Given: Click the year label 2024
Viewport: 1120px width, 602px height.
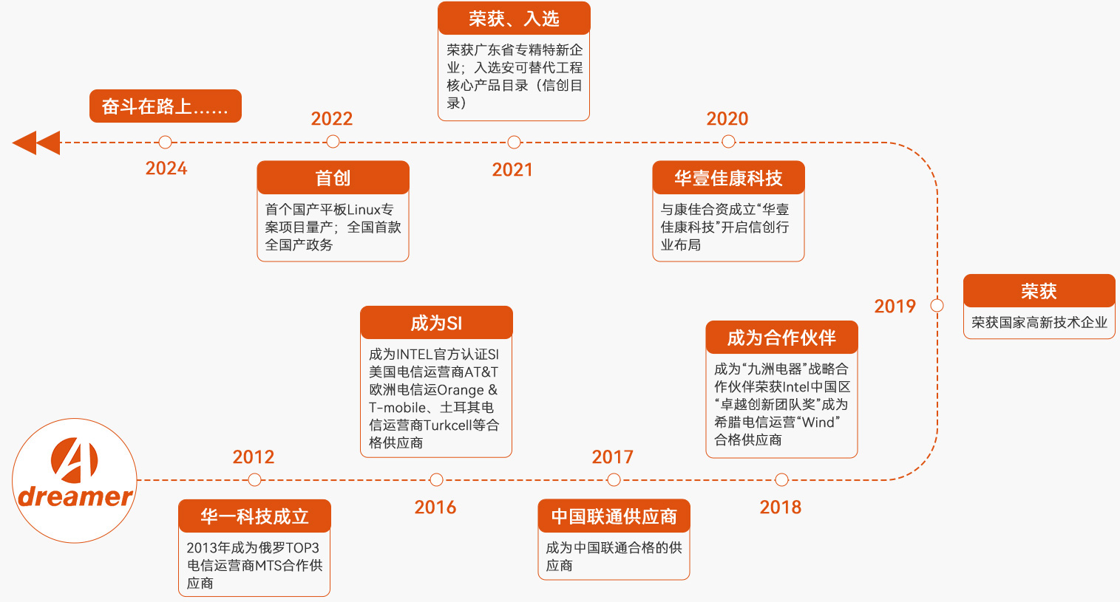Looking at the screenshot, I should pyautogui.click(x=166, y=168).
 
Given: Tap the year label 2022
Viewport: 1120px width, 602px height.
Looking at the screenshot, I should pyautogui.click(x=331, y=119).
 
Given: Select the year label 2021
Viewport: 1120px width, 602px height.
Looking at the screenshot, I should pyautogui.click(x=512, y=170).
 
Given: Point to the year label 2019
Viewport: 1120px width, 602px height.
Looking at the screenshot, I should pyautogui.click(x=895, y=307).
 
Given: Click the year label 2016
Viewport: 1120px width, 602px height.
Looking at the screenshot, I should pyautogui.click(x=435, y=507).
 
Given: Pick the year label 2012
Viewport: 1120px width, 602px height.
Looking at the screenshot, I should pyautogui.click(x=254, y=457).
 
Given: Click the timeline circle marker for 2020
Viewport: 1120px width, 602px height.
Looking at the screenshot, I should pyautogui.click(x=728, y=142).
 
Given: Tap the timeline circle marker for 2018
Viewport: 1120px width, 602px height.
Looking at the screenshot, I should pyautogui.click(x=781, y=480).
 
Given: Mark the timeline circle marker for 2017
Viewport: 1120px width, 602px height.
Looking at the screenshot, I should pyautogui.click(x=614, y=480).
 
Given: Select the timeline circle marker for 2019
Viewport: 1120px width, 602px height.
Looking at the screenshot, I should pyautogui.click(x=937, y=305).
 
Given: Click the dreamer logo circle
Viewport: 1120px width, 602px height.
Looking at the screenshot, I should pyautogui.click(x=75, y=481).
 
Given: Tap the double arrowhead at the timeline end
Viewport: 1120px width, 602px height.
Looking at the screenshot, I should pyautogui.click(x=36, y=143).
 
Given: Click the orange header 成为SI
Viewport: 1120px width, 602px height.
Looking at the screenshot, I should pyautogui.click(x=436, y=323).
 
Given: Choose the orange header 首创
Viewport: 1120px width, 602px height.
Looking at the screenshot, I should pyautogui.click(x=333, y=178).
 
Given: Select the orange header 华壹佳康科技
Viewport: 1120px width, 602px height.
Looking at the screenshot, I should pyautogui.click(x=728, y=178).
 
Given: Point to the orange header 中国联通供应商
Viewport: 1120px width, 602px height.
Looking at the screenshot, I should pyautogui.click(x=614, y=516).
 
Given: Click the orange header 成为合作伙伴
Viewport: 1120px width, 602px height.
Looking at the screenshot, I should pyautogui.click(x=781, y=338).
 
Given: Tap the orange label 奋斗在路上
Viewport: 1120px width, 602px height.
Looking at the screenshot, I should pyautogui.click(x=166, y=106).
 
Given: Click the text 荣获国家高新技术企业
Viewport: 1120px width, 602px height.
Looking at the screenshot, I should pyautogui.click(x=1039, y=323).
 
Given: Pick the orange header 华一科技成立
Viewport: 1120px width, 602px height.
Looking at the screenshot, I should pyautogui.click(x=254, y=516).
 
